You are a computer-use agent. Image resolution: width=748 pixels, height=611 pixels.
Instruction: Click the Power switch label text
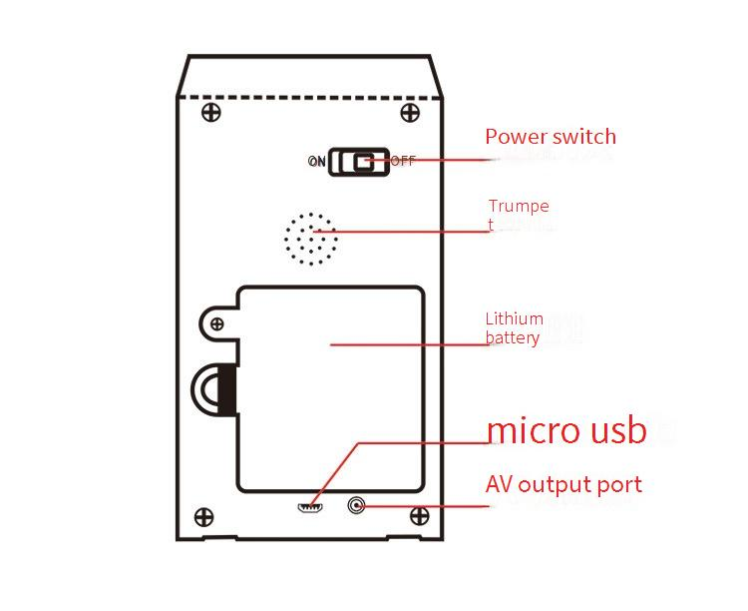pyautogui.click(x=550, y=137)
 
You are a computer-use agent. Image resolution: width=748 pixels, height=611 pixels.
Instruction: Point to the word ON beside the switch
pyautogui.click(x=316, y=161)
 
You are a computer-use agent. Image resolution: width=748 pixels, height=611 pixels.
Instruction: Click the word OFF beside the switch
pyautogui.click(x=403, y=161)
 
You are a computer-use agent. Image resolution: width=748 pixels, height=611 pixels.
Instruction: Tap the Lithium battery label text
pyautogui.click(x=514, y=328)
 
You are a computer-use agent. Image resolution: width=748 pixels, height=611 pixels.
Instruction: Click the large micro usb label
pyautogui.click(x=566, y=430)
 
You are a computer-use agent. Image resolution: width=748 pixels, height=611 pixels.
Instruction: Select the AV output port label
pyautogui.click(x=563, y=485)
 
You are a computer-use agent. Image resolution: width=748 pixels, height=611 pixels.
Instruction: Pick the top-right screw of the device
pyautogui.click(x=409, y=111)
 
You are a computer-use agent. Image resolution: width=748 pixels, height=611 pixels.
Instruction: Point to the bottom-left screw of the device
pyautogui.click(x=203, y=517)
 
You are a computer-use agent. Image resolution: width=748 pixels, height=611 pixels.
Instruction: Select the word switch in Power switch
pyautogui.click(x=580, y=137)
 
